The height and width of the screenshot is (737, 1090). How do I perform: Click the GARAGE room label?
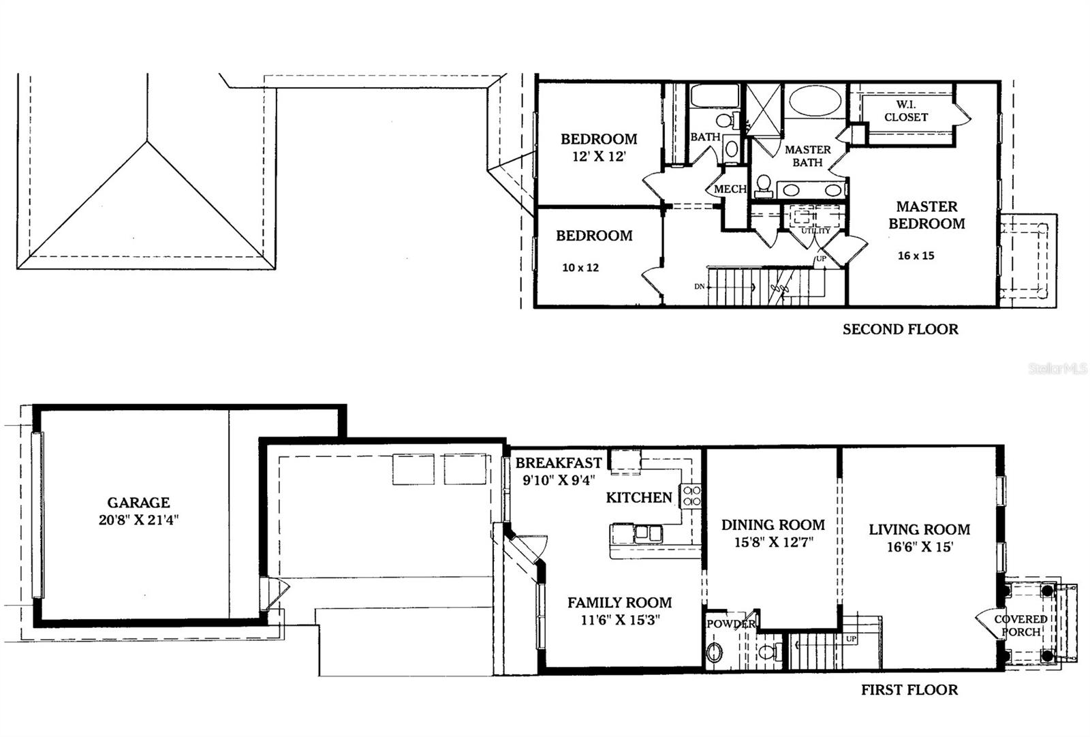138,503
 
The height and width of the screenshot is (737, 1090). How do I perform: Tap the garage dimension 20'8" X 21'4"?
138,520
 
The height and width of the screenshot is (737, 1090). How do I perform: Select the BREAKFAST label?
559,463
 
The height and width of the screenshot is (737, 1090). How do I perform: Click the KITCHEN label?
639,498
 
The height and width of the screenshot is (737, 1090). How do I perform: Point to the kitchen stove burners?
691,495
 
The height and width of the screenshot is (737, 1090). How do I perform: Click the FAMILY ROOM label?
619,603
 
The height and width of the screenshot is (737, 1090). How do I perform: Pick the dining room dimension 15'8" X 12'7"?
773,543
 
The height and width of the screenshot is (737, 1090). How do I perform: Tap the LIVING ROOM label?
919,530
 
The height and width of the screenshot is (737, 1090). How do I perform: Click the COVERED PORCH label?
1021,625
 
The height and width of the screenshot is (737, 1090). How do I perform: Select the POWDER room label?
730,624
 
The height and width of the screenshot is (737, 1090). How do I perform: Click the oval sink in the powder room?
715,653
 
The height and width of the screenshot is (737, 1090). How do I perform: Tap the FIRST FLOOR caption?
909,690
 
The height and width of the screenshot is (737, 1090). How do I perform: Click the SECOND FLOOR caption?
900,330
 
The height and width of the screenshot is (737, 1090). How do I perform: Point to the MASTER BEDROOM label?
926,215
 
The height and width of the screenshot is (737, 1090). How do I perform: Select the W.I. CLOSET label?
905,111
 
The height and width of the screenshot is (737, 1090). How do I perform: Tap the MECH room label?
730,189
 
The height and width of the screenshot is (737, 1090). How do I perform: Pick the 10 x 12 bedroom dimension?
580,268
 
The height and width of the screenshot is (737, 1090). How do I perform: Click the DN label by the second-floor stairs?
699,287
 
